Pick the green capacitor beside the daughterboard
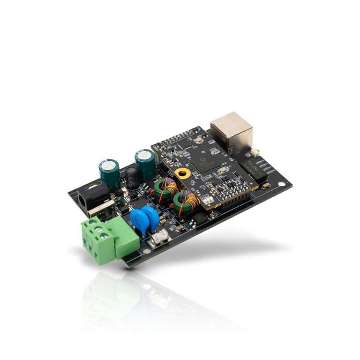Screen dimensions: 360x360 click(144, 162)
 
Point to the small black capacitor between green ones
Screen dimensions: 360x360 click(132, 178)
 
